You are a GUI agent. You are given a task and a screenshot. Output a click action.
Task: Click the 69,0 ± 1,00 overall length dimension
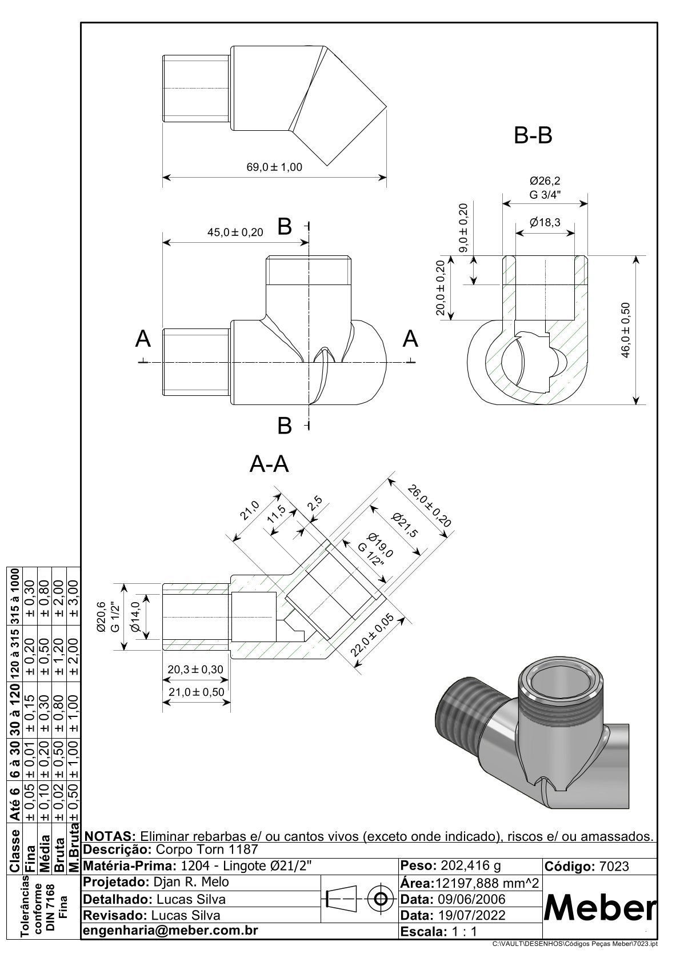point(274,167)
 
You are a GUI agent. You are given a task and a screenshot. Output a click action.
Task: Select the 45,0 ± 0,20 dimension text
point(235,232)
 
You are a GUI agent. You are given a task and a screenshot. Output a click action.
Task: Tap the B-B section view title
point(533,136)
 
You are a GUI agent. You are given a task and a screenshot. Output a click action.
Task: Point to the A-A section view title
point(269,465)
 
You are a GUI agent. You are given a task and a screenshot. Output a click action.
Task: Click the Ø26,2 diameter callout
point(545,181)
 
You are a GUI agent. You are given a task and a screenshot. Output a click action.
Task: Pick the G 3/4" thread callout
point(545,194)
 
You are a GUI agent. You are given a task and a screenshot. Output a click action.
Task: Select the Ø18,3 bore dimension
point(545,223)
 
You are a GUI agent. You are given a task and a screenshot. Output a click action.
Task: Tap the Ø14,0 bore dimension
point(136,617)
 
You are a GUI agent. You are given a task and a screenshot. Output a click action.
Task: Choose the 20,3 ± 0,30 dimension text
point(195,670)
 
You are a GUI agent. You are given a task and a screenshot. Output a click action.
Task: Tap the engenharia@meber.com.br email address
point(171,930)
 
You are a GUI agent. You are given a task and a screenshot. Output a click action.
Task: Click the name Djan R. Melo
point(192,881)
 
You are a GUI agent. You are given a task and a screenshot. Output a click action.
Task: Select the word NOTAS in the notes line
point(109,836)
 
